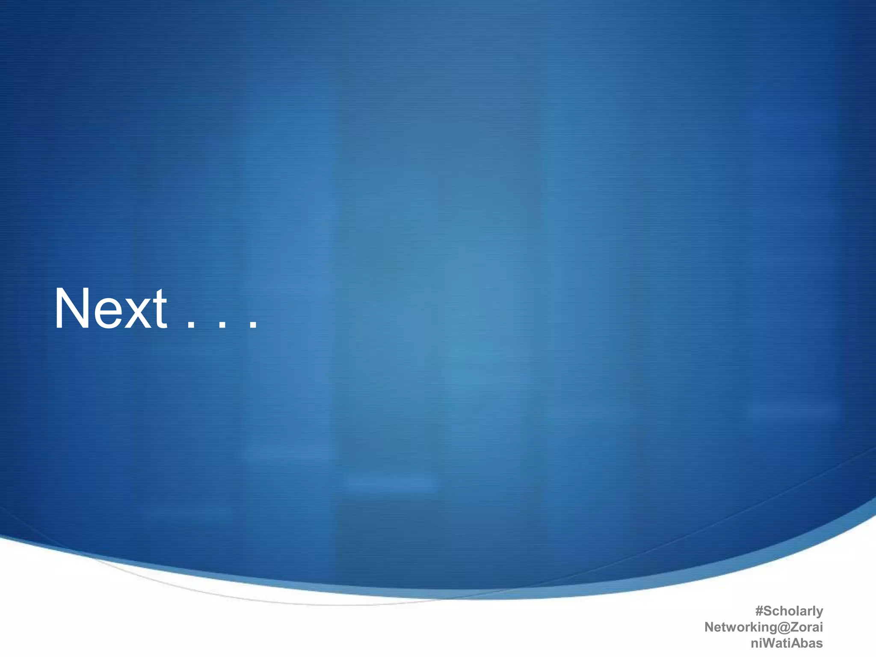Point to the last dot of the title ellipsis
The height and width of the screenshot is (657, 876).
(253, 326)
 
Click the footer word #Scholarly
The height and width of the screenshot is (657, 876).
(789, 611)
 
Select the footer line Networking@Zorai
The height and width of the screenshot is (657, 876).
(764, 627)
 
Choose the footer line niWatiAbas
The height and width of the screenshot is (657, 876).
(787, 643)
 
